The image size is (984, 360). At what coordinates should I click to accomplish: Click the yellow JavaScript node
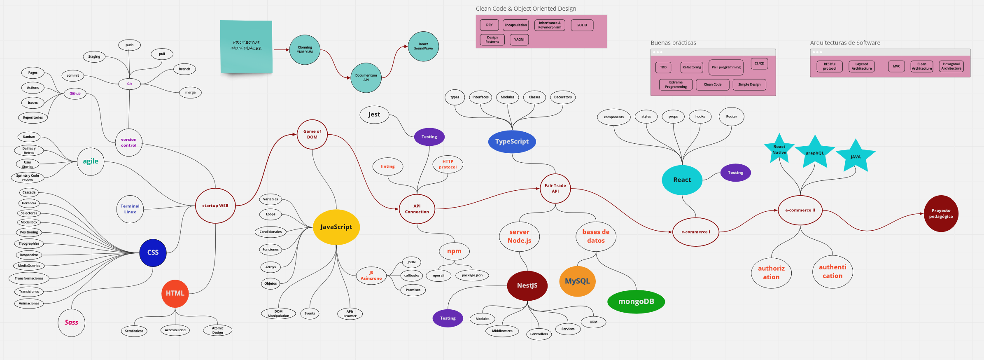tap(336, 227)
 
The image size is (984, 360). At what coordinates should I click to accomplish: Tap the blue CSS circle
tap(153, 252)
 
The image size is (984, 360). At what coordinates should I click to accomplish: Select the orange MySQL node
tap(577, 281)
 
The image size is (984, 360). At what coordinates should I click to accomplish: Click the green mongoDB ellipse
tap(636, 302)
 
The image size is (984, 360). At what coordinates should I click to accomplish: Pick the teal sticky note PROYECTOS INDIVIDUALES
tap(246, 46)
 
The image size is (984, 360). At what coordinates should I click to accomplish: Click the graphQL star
tap(815, 153)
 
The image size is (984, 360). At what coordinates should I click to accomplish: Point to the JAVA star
tap(856, 157)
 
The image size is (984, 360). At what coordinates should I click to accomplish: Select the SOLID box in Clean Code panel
tap(582, 25)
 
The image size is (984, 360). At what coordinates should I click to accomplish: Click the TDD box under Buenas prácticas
tap(663, 67)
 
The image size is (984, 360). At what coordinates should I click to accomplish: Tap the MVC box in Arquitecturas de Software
tap(896, 66)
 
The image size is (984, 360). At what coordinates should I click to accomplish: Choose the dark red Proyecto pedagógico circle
tap(941, 213)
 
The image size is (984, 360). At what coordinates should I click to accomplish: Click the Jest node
tap(374, 115)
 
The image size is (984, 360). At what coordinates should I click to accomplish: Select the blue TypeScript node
tap(512, 142)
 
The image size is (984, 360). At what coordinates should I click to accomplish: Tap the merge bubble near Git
tap(190, 93)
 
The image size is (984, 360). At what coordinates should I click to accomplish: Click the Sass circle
tap(71, 323)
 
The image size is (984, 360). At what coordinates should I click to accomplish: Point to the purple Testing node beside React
tap(735, 173)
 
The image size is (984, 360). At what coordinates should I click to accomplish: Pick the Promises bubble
tap(413, 290)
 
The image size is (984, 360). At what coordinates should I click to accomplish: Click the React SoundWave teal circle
tap(423, 47)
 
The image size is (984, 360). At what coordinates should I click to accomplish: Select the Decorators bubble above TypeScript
tap(562, 97)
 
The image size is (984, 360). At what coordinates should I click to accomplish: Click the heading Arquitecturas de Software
tap(845, 43)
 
